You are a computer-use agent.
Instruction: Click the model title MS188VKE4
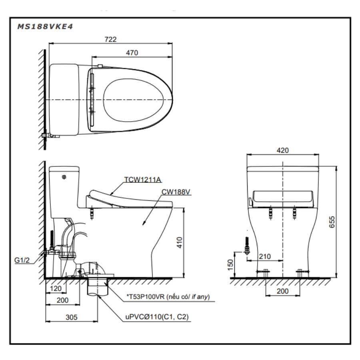[x=45, y=27]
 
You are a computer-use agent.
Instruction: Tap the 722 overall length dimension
[x=110, y=39]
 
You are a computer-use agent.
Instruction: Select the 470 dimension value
[x=132, y=52]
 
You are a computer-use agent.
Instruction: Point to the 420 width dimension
[x=282, y=150]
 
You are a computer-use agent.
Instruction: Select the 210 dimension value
[x=264, y=256]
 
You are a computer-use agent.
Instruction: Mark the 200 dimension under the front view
[x=282, y=291]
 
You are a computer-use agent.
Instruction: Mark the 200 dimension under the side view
[x=62, y=300]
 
